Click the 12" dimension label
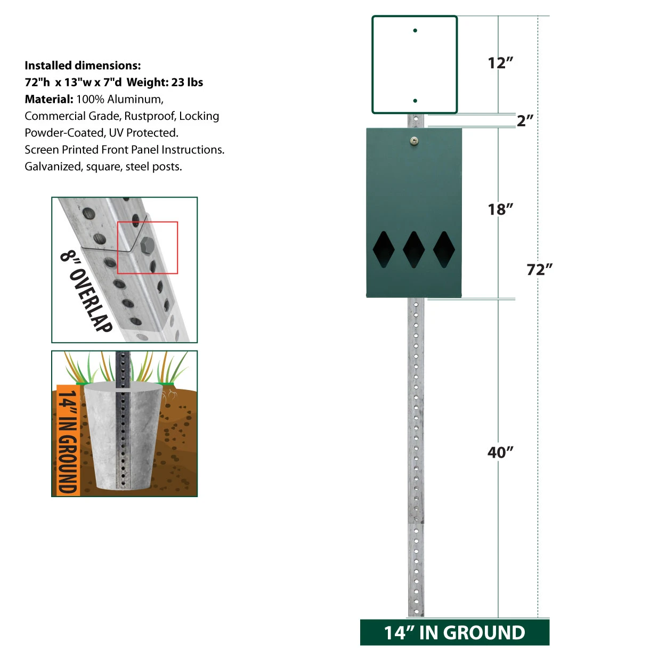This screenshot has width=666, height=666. (500, 63)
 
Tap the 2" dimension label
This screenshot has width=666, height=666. (525, 120)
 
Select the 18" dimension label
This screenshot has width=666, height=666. (500, 209)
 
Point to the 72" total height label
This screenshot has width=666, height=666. (539, 270)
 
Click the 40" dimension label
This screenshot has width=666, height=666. (500, 452)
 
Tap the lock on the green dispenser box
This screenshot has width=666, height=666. (413, 141)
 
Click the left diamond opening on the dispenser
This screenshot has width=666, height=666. (383, 249)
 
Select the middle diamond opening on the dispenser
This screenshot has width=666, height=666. (413, 249)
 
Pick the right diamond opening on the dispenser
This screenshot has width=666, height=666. (444, 249)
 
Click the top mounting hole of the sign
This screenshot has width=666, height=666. (415, 30)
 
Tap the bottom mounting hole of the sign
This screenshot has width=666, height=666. (415, 101)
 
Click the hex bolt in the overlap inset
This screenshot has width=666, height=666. (147, 245)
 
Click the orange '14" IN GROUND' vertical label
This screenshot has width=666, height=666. (68, 441)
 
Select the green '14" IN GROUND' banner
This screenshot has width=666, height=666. (454, 632)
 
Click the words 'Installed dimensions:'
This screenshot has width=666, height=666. (83, 66)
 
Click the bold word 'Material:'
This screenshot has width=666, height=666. (48, 99)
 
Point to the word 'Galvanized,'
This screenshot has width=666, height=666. (54, 167)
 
